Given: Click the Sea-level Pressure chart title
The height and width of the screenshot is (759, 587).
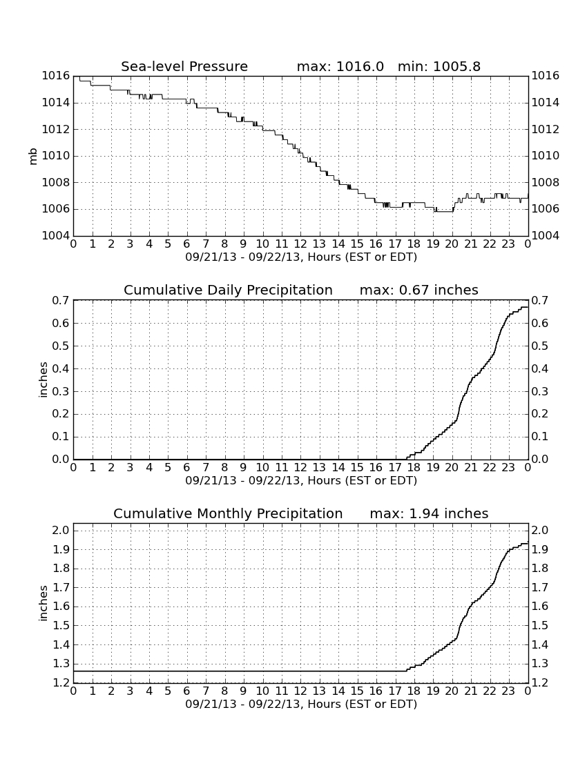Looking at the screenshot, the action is [184, 66].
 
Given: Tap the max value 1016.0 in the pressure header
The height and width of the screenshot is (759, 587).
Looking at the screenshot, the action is [360, 66].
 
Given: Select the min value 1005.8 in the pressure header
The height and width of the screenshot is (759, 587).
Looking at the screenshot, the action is [456, 66].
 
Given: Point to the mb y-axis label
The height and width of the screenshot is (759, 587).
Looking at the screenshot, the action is [33, 157].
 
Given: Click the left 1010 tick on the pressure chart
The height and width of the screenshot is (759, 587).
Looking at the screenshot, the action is [56, 156].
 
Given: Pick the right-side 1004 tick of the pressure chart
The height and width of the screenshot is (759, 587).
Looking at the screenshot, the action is [546, 236].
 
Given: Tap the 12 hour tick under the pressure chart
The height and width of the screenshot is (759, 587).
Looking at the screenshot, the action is [300, 244].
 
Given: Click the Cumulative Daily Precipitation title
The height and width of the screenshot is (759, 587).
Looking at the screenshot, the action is [228, 290].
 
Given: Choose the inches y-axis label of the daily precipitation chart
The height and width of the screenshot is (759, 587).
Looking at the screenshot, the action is [44, 380].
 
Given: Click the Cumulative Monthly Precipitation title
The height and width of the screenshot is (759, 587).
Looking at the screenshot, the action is [228, 513].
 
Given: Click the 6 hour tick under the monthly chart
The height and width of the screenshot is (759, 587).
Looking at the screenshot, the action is [187, 691].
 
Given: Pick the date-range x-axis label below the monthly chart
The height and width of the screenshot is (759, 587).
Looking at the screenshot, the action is [301, 704].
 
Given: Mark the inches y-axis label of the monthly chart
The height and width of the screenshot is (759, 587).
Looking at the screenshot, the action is [44, 603].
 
